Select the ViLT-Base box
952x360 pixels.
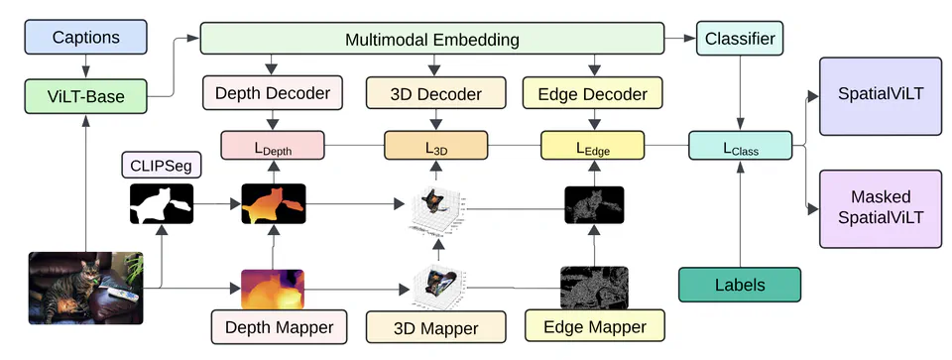[85, 96]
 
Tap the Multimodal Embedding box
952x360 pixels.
[432, 40]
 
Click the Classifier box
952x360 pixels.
[740, 40]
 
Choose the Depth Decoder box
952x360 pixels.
[273, 95]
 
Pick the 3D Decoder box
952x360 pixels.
[435, 95]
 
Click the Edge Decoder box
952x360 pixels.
[593, 95]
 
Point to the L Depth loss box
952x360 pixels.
[273, 146]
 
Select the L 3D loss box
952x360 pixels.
[435, 146]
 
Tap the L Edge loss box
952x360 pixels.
[593, 146]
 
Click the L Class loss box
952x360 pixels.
[740, 146]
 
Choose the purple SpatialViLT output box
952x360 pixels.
[879, 96]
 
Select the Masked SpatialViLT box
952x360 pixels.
[879, 208]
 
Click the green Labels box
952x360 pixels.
[740, 285]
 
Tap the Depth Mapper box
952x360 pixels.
[273, 325]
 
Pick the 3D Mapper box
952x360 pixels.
[435, 327]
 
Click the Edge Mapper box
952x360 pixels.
[593, 325]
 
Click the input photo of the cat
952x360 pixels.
[86, 289]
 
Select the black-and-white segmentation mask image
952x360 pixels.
[161, 206]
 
